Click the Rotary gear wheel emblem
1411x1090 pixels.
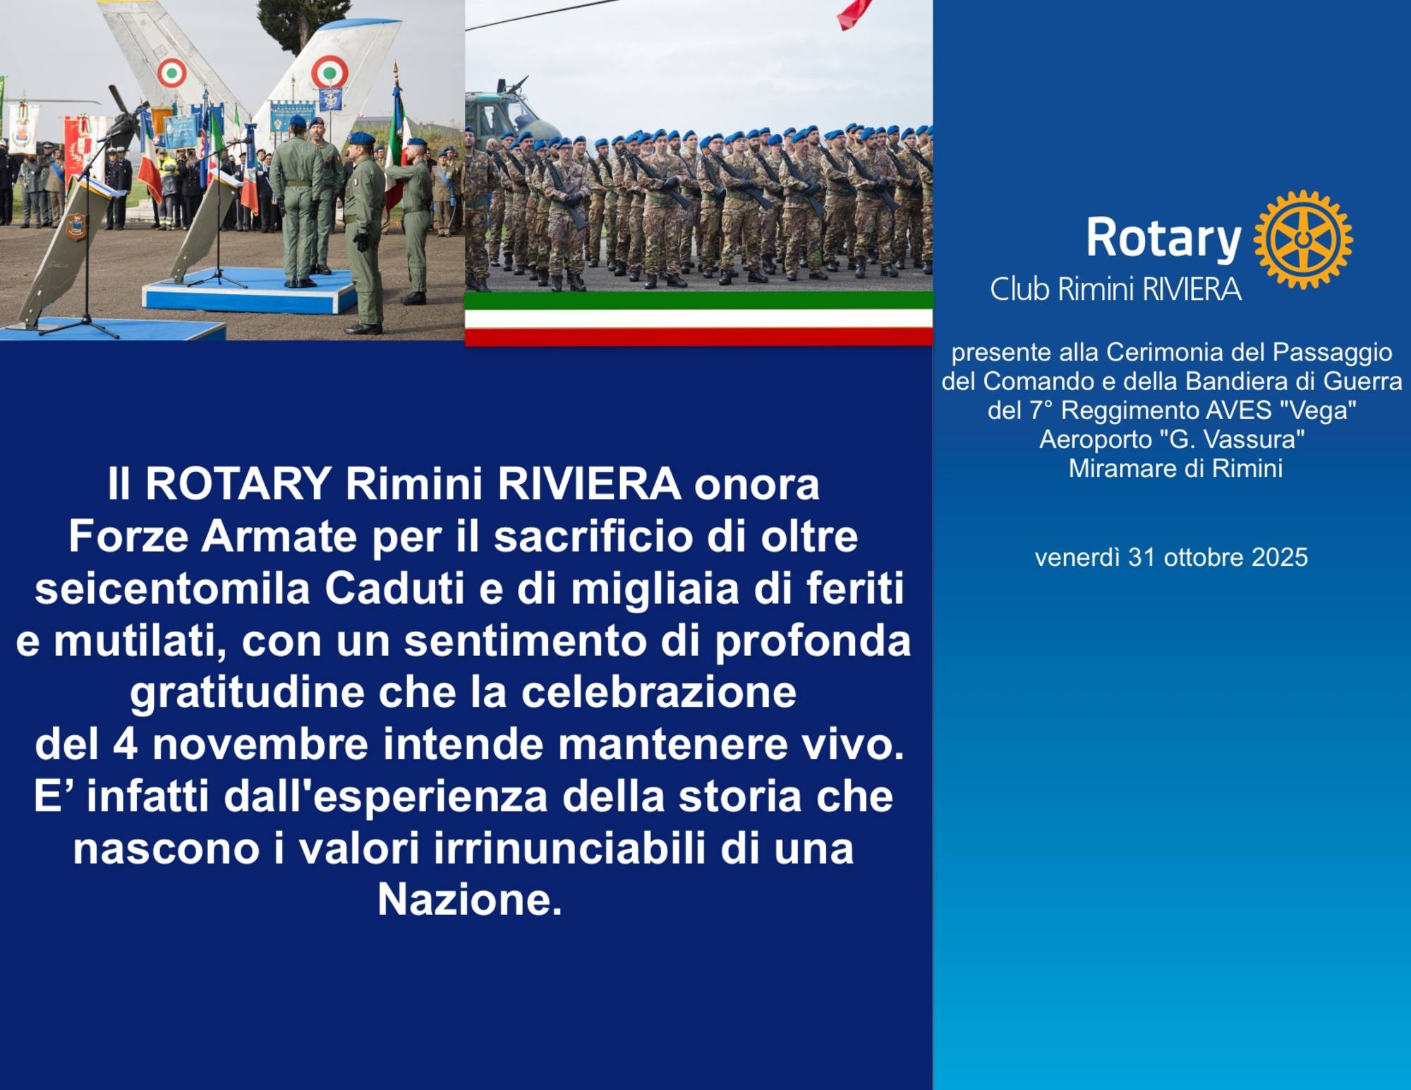tap(1303, 239)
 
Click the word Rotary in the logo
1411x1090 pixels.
tap(1163, 239)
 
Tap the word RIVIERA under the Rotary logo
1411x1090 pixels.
tap(1192, 289)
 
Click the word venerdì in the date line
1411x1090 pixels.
tap(1077, 557)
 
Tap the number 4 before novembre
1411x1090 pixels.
tap(125, 745)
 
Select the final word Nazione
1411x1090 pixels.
tap(470, 900)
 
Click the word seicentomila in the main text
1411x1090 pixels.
tap(173, 588)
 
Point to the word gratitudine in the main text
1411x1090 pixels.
tap(247, 694)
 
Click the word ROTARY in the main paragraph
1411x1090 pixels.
tap(238, 484)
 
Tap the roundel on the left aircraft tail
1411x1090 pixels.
tap(171, 73)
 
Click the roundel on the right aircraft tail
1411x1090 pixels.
tap(329, 71)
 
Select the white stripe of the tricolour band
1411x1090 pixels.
tap(698, 318)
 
